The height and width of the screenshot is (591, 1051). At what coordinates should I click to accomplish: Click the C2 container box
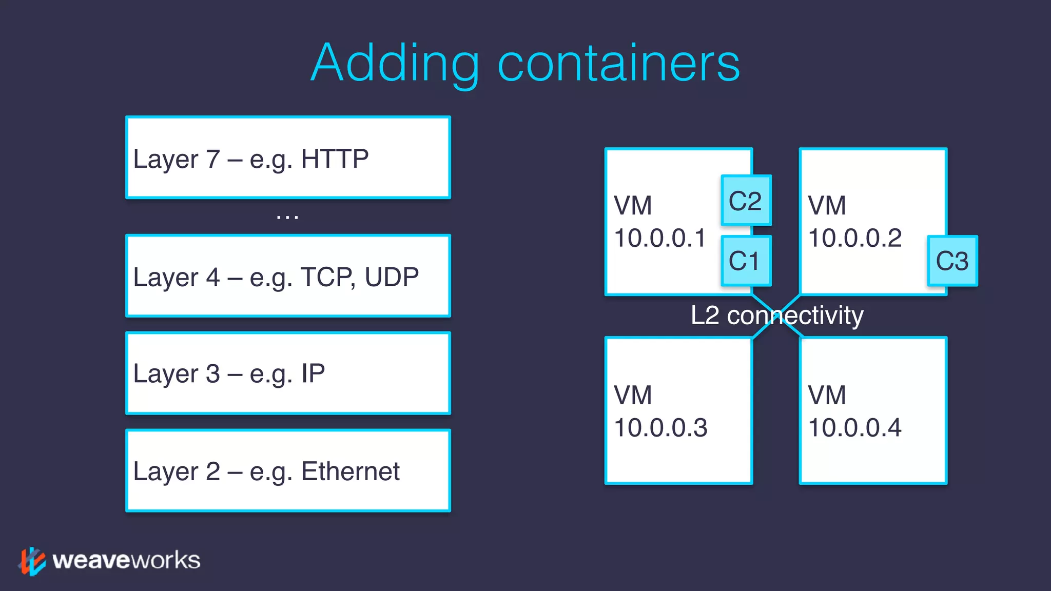(746, 201)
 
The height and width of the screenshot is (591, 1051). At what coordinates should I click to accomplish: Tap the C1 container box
(746, 261)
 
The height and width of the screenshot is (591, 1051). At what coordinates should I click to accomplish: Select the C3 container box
(952, 261)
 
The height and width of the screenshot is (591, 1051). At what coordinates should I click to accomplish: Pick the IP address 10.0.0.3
(660, 428)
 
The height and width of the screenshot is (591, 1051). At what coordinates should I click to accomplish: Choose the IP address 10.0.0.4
(854, 428)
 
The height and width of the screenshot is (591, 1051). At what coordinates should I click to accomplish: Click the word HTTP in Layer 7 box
(335, 159)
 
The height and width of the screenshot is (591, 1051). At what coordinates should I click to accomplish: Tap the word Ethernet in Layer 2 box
(350, 471)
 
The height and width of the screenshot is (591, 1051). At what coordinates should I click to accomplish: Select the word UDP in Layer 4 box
(392, 278)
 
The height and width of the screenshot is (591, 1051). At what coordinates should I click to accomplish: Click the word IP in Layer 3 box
(313, 373)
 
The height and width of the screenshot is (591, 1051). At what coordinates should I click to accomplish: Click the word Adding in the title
(395, 63)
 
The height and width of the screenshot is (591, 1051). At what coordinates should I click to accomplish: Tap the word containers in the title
(618, 63)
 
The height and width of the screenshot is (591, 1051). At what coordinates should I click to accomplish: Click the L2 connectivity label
(777, 316)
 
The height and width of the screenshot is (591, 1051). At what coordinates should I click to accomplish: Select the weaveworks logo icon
(32, 561)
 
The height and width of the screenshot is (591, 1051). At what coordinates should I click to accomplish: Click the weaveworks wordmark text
(126, 560)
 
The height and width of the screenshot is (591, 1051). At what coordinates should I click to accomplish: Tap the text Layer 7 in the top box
(177, 159)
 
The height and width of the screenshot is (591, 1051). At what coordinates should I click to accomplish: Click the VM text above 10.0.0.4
(827, 396)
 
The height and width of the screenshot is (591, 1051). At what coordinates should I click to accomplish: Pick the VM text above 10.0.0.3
(633, 396)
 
